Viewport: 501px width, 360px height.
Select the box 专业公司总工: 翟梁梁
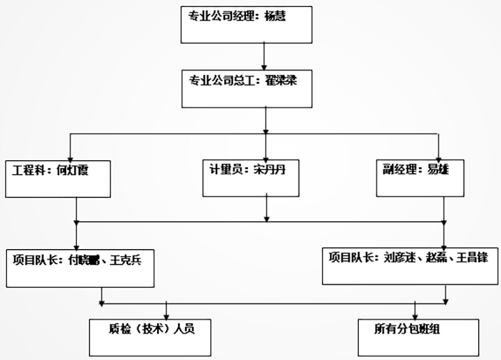tap(247, 89)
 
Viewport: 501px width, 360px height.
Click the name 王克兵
tap(129, 259)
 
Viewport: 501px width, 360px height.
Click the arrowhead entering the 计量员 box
tap(266, 156)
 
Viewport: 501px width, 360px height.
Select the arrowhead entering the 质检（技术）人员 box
tap(167, 315)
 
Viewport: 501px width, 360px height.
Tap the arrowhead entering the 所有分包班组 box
tap(415, 315)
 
